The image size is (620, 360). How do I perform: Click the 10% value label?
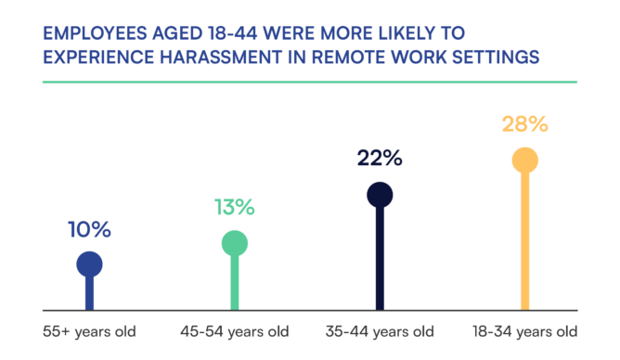pos(89,229)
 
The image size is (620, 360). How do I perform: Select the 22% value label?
pos(379,158)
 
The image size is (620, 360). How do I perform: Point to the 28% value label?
pos(524,124)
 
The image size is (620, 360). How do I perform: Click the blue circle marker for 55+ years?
pos(89,264)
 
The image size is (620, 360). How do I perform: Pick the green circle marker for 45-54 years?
pos(234,243)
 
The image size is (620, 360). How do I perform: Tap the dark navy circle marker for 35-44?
pos(380,194)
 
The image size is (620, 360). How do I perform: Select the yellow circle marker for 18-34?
pos(524,160)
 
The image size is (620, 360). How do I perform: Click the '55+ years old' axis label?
pos(88,331)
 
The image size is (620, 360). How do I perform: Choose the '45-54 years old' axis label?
pos(234,331)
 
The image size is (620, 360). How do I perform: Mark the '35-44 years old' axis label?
pos(380,331)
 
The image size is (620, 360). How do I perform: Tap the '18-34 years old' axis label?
pos(524,331)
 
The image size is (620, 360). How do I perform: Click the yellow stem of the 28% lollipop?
pos(524,241)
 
